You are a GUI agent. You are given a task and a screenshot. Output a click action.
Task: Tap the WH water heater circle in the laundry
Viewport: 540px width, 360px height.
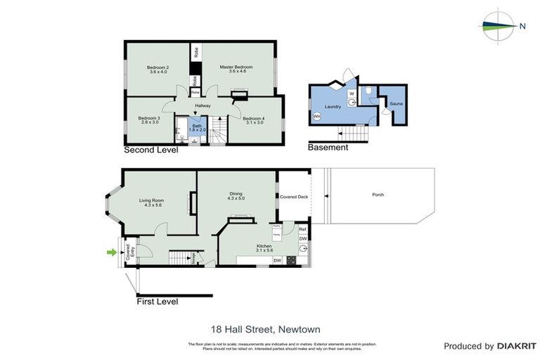coord(317,116)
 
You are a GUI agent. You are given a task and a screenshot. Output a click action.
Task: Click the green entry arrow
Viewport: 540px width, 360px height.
coord(110,251)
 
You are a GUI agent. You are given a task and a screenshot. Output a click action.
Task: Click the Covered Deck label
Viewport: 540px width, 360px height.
coord(294,198)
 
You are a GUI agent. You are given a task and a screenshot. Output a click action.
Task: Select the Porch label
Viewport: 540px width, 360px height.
coord(378,195)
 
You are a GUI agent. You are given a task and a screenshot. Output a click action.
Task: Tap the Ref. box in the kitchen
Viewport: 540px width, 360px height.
coord(302,229)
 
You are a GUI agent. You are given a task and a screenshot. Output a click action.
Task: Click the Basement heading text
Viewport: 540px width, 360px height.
coord(328,148)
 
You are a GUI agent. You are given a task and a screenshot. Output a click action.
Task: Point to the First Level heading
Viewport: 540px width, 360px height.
coord(157,302)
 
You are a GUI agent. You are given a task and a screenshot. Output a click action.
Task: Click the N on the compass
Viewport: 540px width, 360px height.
coord(522,27)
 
